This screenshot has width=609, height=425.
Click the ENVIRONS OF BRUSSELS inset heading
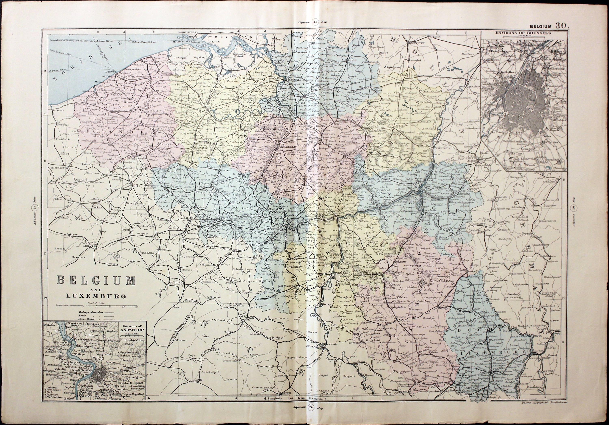point(524,40)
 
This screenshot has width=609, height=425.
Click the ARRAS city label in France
point(89,246)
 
